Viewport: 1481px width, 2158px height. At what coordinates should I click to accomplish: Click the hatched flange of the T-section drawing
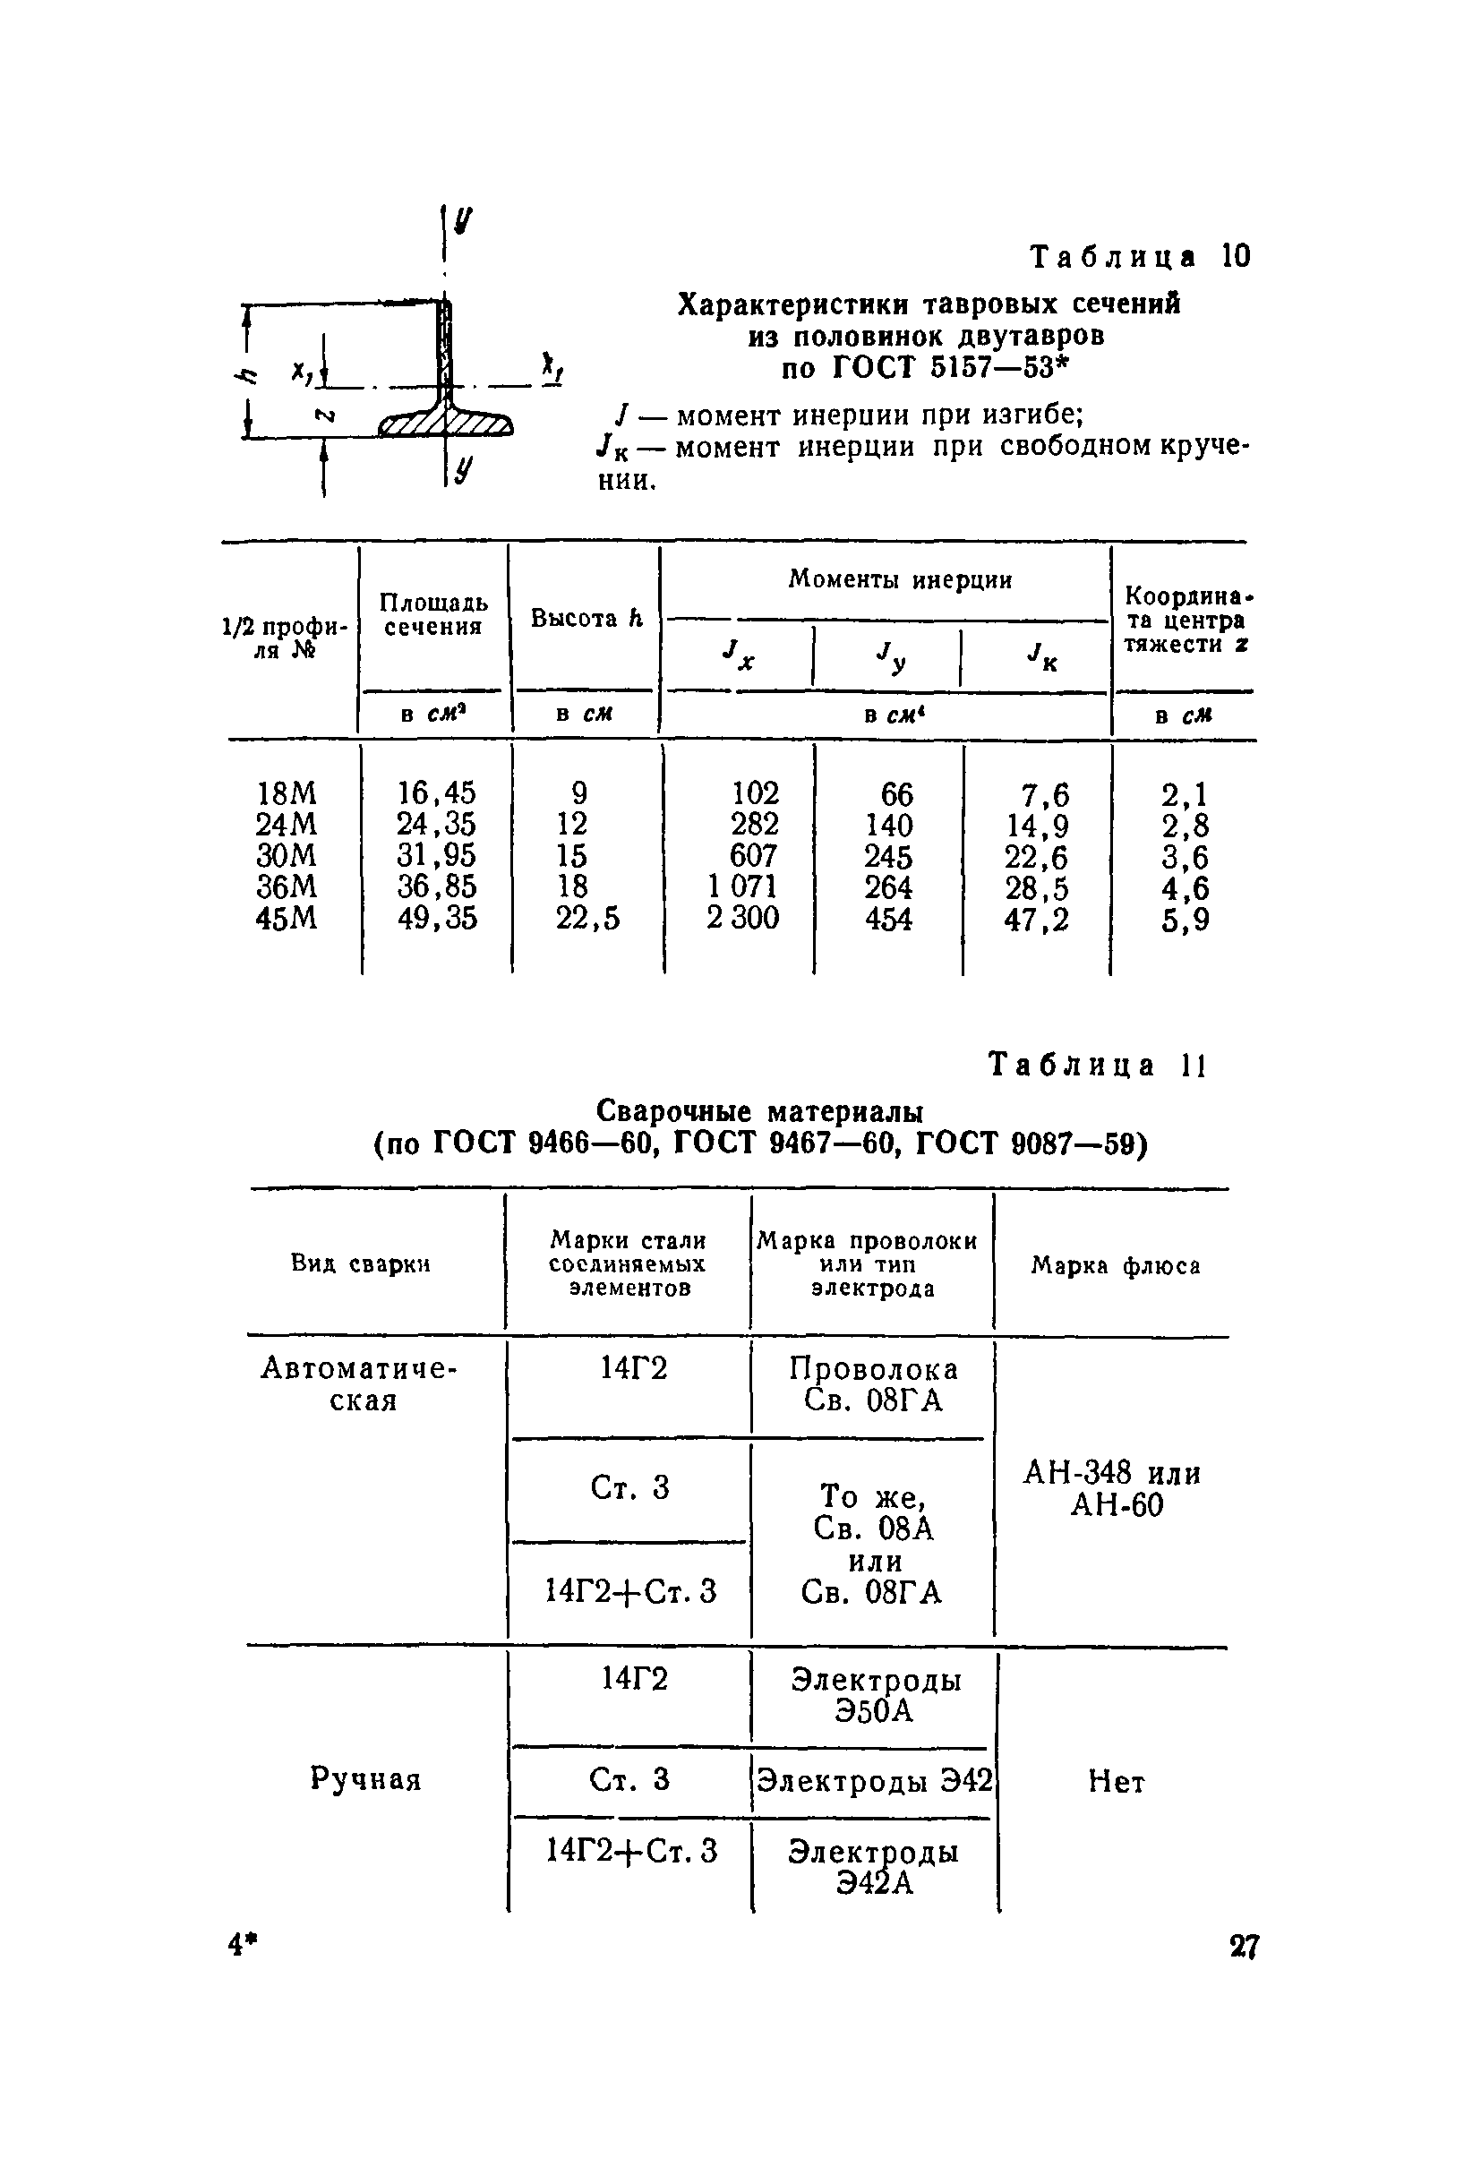click(x=447, y=424)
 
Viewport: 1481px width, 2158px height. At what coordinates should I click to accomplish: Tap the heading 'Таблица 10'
click(x=1141, y=256)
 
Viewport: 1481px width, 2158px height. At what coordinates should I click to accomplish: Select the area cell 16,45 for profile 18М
click(x=436, y=792)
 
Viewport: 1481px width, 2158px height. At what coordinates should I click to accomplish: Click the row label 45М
click(x=286, y=919)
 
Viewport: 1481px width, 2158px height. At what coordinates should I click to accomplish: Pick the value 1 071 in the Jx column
click(x=743, y=886)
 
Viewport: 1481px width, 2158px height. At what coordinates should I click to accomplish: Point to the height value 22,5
click(x=586, y=919)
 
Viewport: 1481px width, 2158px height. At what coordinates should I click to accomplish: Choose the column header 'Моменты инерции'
click(x=899, y=579)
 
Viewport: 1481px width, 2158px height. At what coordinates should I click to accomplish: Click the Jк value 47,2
click(x=1036, y=920)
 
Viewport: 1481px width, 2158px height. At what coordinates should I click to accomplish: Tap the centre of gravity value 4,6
click(x=1186, y=888)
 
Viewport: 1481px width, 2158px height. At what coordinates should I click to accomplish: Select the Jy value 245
click(x=888, y=856)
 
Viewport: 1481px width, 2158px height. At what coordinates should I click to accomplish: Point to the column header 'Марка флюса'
click(x=1115, y=1265)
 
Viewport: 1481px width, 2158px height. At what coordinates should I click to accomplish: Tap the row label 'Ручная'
click(x=366, y=1779)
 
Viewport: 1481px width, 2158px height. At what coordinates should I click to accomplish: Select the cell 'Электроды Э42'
click(x=875, y=1779)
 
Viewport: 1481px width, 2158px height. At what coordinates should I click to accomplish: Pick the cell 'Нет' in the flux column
click(x=1117, y=1781)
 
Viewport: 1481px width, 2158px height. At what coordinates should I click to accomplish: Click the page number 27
click(x=1245, y=1947)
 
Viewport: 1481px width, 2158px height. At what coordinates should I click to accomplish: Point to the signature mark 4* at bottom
click(x=243, y=1944)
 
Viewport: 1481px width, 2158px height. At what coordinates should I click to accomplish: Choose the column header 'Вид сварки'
click(x=361, y=1263)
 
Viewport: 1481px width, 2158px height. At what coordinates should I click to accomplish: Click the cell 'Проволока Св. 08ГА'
click(x=874, y=1384)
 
